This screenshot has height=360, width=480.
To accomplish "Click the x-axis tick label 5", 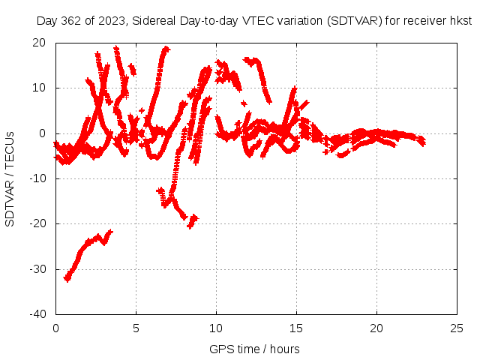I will coord(136,328).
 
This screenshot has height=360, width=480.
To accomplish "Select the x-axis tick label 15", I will coord(296,328).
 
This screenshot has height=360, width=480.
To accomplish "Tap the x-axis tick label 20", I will coord(376,328).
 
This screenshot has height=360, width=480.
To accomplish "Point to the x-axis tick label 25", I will coord(457,328).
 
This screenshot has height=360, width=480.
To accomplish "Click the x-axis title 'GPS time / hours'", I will coord(254,349).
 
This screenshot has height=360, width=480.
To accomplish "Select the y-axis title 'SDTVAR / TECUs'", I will coord(10,178).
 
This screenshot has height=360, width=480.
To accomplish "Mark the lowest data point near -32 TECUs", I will coord(67,279).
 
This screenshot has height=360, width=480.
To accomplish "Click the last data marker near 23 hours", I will coord(423,142).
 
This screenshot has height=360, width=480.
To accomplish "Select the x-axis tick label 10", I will coord(216,328).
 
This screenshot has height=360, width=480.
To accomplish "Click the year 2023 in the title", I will coord(111,21).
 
